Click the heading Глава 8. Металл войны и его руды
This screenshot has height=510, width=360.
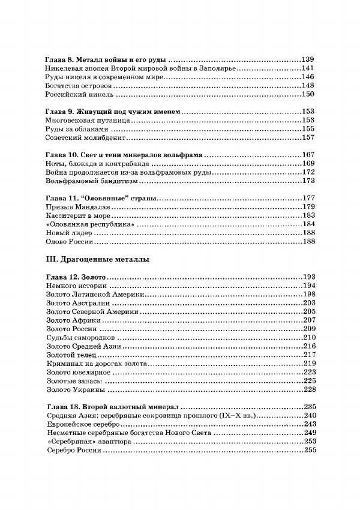pos(106,60)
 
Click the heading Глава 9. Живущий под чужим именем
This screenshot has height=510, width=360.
pos(113,112)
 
